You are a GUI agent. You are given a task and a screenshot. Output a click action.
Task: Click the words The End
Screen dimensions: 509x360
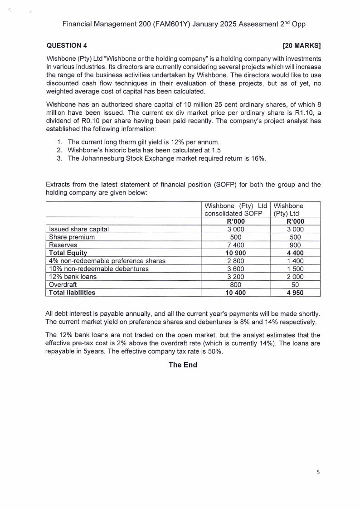tap(183, 364)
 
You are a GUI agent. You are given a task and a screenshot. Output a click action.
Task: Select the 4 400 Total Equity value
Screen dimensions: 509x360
tap(295, 253)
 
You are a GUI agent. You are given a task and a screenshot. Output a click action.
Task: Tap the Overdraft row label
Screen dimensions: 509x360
tap(63, 284)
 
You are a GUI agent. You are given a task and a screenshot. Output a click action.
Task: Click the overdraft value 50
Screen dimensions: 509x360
tap(295, 284)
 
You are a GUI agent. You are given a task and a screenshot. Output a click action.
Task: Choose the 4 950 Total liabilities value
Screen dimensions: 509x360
tap(295, 293)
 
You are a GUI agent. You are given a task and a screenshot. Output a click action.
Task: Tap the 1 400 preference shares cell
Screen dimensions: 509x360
tap(295, 261)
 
